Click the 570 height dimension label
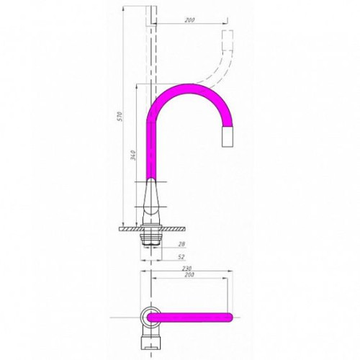click(121, 116)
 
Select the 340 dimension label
click(134, 156)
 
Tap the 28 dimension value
click(182, 244)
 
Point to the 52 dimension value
click(182, 257)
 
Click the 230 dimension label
click(189, 268)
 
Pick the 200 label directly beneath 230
click(189, 275)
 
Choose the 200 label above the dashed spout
click(189, 20)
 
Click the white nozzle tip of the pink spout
click(228, 136)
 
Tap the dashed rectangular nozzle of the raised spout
click(228, 40)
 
